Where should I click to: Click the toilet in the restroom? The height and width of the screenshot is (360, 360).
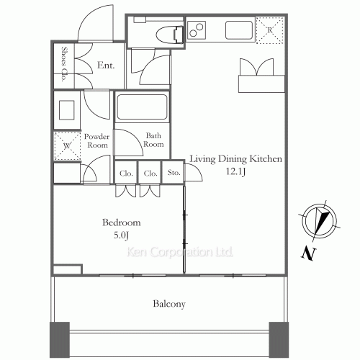[x=167, y=32]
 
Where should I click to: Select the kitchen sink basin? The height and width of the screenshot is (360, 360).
[x=238, y=31]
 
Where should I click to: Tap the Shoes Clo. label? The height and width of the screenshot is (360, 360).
[x=63, y=66]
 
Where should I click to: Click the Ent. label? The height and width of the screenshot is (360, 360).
[x=105, y=66]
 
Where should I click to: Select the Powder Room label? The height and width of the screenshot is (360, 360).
[x=96, y=140]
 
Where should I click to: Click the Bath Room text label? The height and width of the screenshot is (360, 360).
[x=154, y=140]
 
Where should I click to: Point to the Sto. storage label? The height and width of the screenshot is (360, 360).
[x=173, y=174]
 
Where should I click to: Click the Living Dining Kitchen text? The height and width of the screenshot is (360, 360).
[x=235, y=159]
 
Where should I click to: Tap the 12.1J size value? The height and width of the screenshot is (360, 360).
[x=236, y=171]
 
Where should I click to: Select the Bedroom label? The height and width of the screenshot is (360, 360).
[x=122, y=222]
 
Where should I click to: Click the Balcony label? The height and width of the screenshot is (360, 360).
[x=169, y=304]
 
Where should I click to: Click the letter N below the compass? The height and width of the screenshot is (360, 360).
[x=307, y=253]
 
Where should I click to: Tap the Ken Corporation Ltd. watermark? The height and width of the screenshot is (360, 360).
[x=180, y=253]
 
